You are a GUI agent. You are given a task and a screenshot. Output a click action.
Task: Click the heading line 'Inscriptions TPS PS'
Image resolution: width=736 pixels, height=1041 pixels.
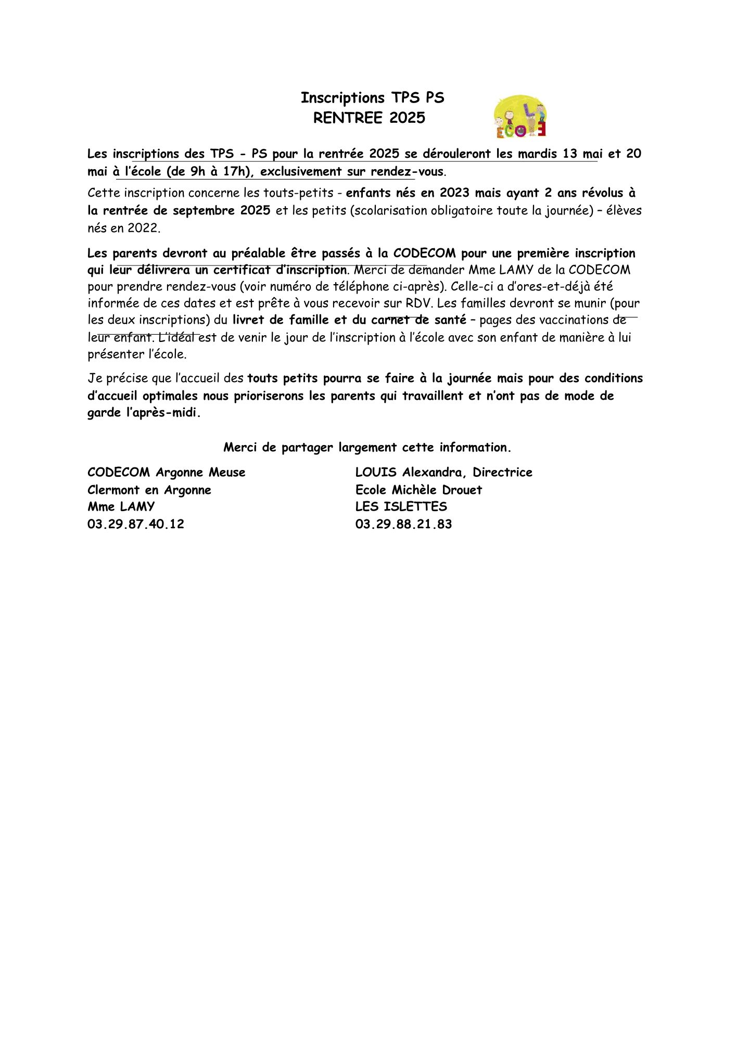pyautogui.click(x=372, y=98)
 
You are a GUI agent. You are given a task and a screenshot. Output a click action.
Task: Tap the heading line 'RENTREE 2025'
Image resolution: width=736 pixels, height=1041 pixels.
pyautogui.click(x=369, y=118)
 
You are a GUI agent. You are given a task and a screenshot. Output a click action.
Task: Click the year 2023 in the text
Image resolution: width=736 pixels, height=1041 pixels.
pyautogui.click(x=454, y=193)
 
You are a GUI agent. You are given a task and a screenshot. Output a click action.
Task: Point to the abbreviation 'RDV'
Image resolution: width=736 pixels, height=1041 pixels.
pyautogui.click(x=418, y=303)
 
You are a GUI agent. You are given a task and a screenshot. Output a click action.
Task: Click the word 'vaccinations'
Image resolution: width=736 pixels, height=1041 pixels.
pyautogui.click(x=575, y=320)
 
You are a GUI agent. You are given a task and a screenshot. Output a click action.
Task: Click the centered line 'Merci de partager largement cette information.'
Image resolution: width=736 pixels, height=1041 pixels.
pyautogui.click(x=367, y=448)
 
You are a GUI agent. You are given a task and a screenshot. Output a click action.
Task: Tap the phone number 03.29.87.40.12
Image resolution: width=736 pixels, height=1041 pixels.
pyautogui.click(x=136, y=524)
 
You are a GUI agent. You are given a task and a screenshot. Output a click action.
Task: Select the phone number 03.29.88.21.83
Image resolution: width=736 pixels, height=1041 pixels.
pyautogui.click(x=403, y=524)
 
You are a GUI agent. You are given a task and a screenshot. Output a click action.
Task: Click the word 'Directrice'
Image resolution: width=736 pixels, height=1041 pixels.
pyautogui.click(x=502, y=473)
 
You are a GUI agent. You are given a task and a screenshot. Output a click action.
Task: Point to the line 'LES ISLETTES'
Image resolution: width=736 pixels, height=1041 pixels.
pyautogui.click(x=401, y=506)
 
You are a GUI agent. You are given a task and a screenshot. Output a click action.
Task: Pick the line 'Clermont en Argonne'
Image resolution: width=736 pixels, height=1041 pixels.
pyautogui.click(x=149, y=490)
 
